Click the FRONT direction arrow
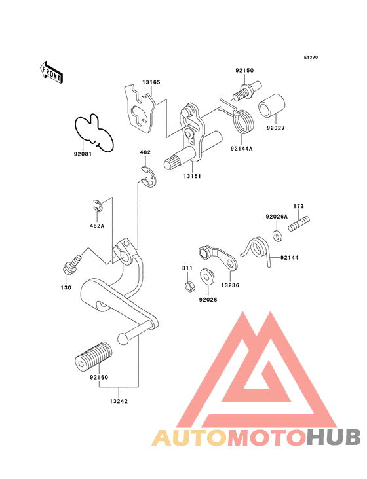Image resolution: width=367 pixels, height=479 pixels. point(51,73)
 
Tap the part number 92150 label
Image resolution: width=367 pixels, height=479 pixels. point(244,70)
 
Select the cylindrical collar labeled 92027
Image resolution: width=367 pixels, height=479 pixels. point(271,105)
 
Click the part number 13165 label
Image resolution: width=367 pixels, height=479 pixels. point(151,82)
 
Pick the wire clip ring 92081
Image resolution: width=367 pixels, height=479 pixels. point(94,133)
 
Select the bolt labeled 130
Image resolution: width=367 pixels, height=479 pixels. point(72,264)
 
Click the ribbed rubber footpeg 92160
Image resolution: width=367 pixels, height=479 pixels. point(94,357)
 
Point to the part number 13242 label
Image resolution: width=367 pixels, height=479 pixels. point(119,401)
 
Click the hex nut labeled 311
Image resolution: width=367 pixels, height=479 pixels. point(189,287)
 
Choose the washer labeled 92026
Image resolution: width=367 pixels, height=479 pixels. point(208,276)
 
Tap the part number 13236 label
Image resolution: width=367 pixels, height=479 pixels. point(230,285)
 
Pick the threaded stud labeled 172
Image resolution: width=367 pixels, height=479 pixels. point(299,224)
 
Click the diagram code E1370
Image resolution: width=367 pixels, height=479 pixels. point(311,57)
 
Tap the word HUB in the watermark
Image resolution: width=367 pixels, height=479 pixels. point(334,437)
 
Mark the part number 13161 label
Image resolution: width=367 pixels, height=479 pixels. point(192,176)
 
